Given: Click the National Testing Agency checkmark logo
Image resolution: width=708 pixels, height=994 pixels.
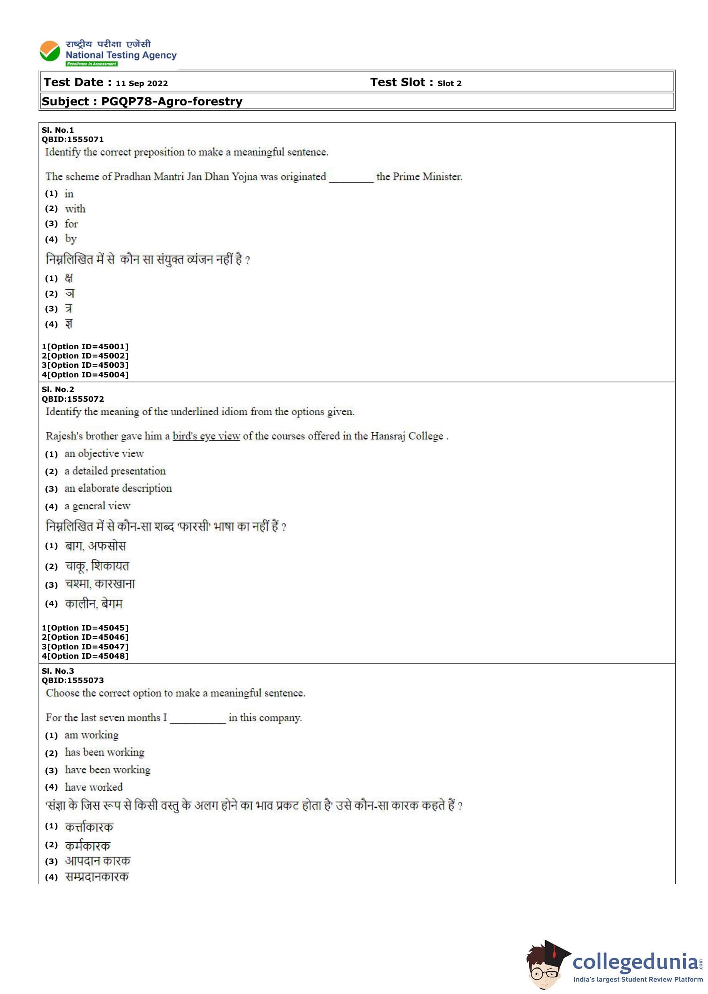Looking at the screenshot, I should tap(50, 51).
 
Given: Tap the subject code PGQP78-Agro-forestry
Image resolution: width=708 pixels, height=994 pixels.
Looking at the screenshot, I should tap(172, 101).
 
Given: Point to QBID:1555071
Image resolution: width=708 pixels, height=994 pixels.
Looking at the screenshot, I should tap(73, 140).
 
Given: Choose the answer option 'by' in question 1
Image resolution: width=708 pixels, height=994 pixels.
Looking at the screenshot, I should tap(71, 238).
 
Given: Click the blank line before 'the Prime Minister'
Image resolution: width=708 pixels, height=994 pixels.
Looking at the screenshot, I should tap(351, 178).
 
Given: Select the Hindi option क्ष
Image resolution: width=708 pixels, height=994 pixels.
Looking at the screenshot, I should tap(69, 278).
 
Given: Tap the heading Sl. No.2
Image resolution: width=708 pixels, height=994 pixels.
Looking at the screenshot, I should tap(58, 389).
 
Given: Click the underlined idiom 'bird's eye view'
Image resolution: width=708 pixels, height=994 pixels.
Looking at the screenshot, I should tap(206, 436).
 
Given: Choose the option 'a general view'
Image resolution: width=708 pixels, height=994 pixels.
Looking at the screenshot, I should tap(97, 506).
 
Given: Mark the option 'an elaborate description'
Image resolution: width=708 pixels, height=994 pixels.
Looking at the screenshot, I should tap(118, 489).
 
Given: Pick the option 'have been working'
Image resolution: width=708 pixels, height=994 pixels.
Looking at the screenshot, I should tap(108, 770).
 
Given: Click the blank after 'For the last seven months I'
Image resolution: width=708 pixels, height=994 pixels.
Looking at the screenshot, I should tap(197, 719).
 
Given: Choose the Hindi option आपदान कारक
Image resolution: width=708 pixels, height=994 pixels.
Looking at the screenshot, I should tap(98, 861).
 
